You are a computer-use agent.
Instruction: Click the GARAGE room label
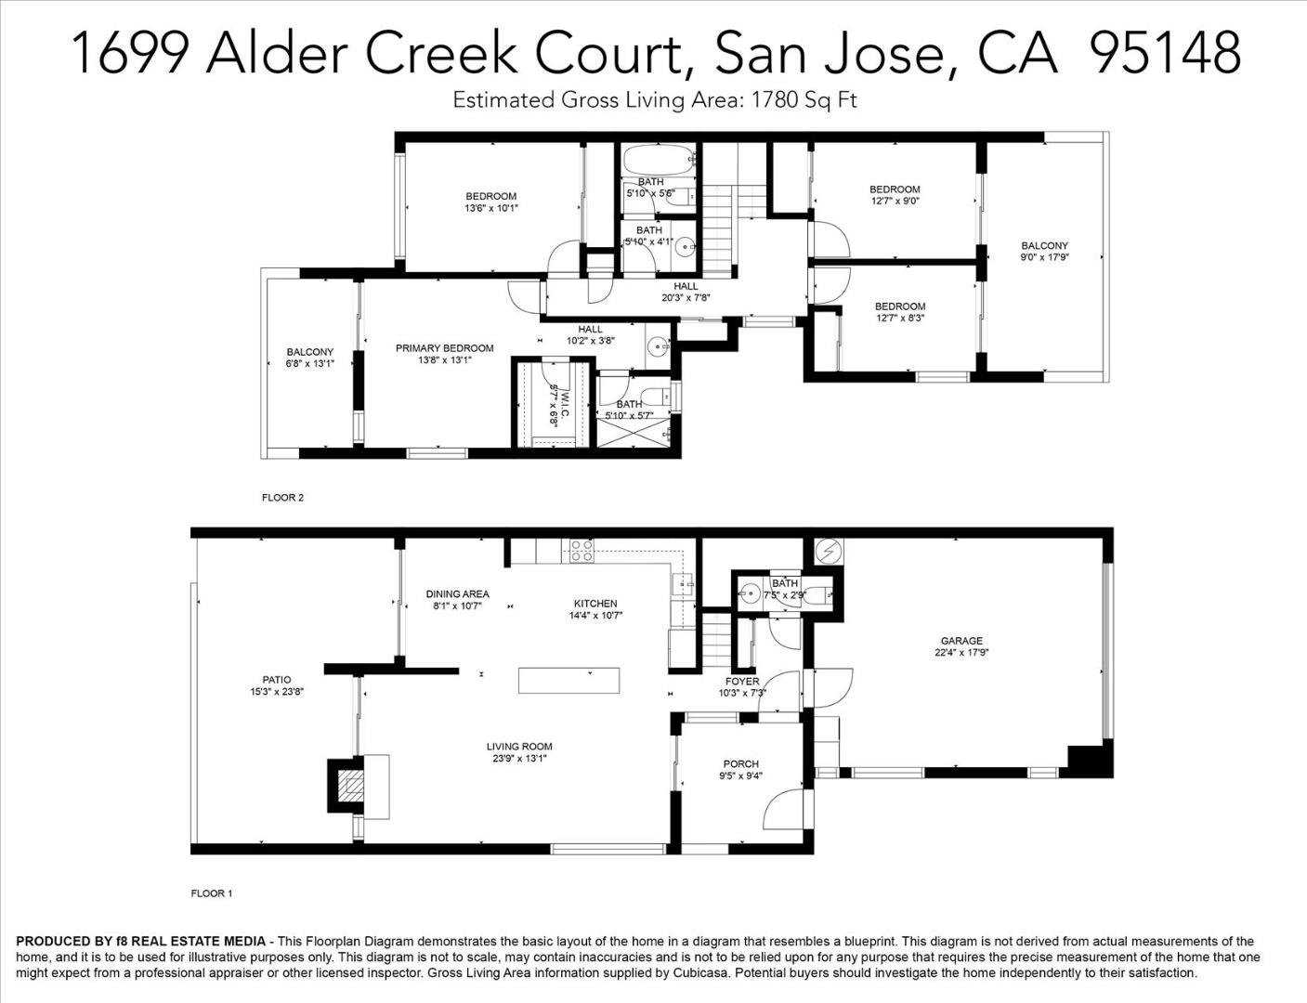coord(961,641)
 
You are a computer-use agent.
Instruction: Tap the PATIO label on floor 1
coord(277,680)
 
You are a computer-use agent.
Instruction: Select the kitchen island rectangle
coord(569,680)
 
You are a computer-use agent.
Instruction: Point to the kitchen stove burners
coord(582,550)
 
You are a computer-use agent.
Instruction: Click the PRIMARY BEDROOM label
coord(444,348)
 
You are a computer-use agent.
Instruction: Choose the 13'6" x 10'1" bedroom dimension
coord(490,208)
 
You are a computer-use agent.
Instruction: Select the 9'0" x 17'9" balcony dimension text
coord(1045,257)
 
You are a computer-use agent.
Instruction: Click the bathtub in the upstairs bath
coord(659,160)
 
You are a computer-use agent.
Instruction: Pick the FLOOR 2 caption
coord(282,497)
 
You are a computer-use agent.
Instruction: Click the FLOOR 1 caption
coord(212,893)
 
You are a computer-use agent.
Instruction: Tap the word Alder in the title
coord(277,53)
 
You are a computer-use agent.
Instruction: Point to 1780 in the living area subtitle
coord(772,99)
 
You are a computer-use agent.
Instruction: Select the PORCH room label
coord(741,763)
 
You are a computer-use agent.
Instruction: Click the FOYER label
coord(742,682)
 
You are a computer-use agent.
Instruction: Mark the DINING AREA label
coord(458,594)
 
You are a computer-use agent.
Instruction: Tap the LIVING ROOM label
coord(519,747)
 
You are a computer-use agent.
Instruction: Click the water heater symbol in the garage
coord(829,551)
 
